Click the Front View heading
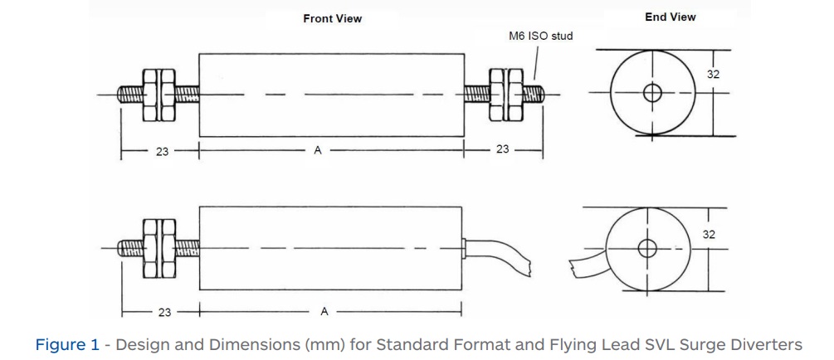pos(332,18)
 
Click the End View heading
pos(670,17)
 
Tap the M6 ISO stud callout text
pos(540,36)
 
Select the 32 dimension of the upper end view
pos(713,75)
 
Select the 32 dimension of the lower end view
pos(709,235)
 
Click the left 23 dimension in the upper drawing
pos(163,151)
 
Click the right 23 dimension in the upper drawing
pos(502,150)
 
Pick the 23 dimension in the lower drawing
pos(164,313)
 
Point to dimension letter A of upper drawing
pos(317,151)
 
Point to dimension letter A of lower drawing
pos(324,312)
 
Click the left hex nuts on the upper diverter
pos(157,94)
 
